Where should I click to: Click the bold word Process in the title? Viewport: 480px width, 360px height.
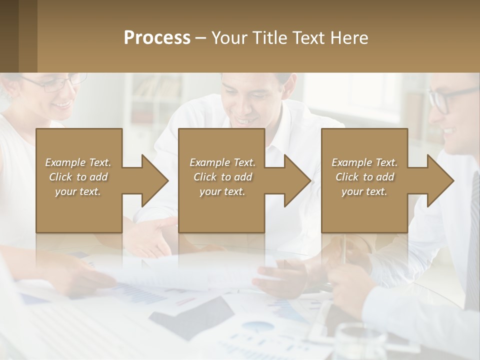[157, 38]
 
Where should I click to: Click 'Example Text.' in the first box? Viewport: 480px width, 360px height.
[78, 162]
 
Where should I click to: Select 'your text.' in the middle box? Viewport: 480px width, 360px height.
[222, 191]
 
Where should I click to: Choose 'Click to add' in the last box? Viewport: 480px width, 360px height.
[364, 177]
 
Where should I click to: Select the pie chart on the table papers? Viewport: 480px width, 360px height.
[258, 326]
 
